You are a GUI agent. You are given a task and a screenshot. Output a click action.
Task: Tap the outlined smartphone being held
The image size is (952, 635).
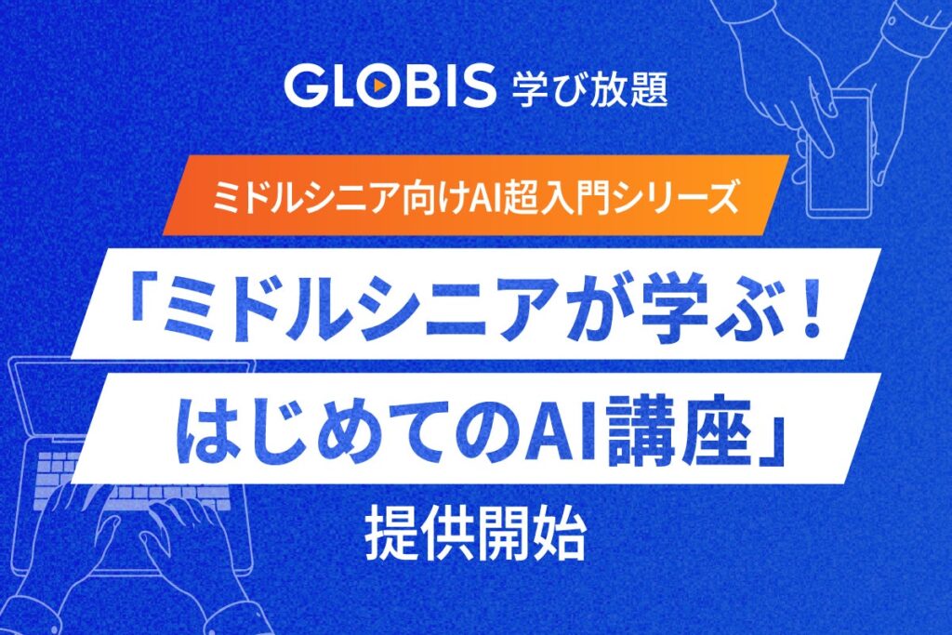pyautogui.click(x=841, y=163)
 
